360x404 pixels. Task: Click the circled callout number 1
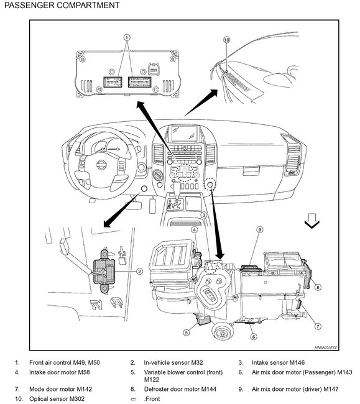(126, 38)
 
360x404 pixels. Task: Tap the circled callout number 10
(226, 40)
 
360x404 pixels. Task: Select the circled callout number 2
(139, 272)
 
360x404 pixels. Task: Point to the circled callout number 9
(260, 229)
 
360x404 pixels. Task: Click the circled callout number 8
(318, 287)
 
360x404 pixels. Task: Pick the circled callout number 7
(318, 326)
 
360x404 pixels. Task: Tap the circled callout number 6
(254, 336)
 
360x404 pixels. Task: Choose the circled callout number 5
(187, 333)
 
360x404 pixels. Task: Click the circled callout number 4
(195, 229)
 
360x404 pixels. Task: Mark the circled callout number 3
(203, 215)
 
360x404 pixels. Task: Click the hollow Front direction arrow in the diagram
(312, 221)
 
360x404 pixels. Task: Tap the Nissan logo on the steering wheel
(101, 165)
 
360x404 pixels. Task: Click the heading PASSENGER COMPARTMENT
(62, 5)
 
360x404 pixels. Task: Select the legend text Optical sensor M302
(57, 399)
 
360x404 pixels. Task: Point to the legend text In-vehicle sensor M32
(173, 363)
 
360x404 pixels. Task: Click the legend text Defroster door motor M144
(180, 389)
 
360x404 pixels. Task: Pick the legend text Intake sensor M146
(278, 363)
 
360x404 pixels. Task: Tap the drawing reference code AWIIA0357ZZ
(325, 347)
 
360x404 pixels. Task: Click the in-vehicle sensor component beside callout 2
(104, 271)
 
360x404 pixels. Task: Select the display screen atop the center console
(184, 134)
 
